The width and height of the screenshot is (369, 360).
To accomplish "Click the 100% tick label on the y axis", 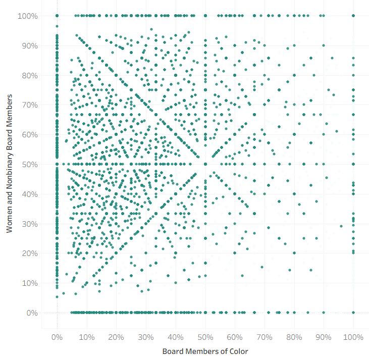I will [28, 16].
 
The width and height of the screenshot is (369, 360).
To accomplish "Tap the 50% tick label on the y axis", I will [30, 164].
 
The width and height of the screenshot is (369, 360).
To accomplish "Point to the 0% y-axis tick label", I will [32, 313].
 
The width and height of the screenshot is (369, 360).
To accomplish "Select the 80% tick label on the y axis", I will [30, 75].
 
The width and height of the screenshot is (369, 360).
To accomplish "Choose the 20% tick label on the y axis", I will [30, 253].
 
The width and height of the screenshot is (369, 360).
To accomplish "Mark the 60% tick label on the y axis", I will [30, 135].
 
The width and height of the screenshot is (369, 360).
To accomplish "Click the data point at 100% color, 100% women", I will [353, 16].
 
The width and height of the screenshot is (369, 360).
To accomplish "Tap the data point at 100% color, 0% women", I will [353, 313].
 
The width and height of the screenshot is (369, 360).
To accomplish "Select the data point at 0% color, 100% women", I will [57, 16].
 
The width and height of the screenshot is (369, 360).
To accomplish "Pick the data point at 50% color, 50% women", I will [205, 164].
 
